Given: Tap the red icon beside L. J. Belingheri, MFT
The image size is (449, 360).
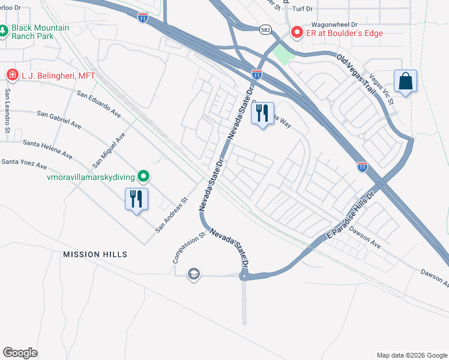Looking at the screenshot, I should (12, 74).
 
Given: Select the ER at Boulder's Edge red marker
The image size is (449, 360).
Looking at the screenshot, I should (296, 32).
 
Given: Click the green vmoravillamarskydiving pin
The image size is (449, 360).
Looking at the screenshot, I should (143, 176).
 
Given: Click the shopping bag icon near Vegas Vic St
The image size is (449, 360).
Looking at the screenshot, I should (406, 82).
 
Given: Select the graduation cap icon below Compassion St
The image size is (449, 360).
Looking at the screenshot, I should (193, 275).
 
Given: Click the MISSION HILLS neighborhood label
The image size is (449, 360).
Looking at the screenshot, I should (95, 254).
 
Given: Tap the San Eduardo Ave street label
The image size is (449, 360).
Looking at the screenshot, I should (100, 106).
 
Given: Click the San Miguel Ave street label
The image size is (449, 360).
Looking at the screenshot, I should (109, 150).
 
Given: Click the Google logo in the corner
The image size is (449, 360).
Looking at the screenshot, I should (20, 352).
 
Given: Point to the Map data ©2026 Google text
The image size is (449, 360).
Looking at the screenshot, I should (411, 355).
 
